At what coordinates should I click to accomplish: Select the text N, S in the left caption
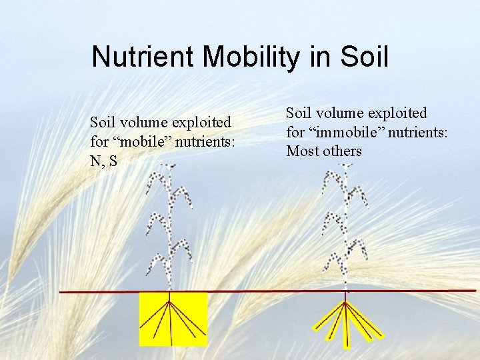coord(103,160)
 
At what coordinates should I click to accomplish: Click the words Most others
coord(324,151)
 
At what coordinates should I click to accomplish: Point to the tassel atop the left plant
coord(171,167)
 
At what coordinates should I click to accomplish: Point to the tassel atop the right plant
coord(345,166)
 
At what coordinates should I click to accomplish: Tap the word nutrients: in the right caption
coord(419,132)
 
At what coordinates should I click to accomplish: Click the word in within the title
coord(321,57)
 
